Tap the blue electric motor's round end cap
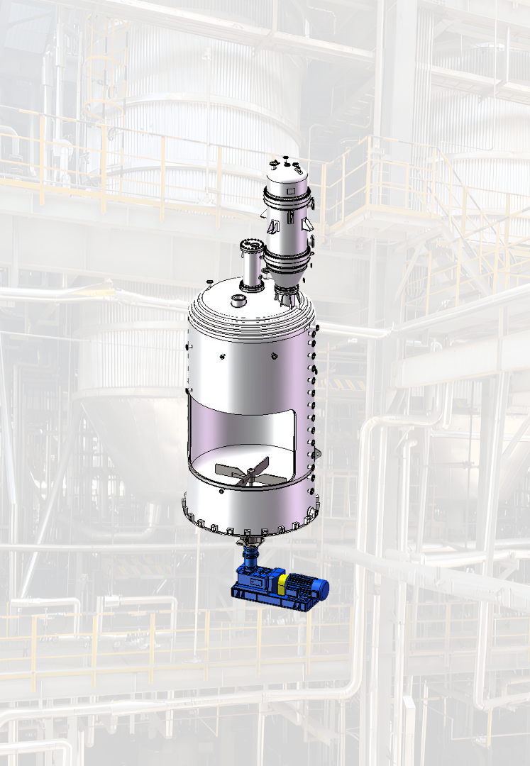click(x=324, y=586)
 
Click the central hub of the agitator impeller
click(x=250, y=473)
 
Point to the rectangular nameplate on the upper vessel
click(x=288, y=189)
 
